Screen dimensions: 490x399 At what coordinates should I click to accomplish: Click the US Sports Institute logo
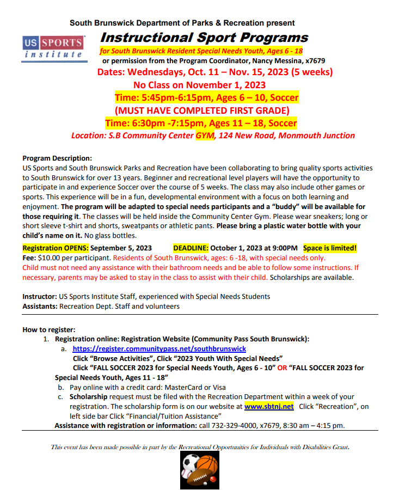click(53, 47)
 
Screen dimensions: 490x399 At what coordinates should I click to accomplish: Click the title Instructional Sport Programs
click(204, 38)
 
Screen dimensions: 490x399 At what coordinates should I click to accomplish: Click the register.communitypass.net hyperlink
click(159, 348)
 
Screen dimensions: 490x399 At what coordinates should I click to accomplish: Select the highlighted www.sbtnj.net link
click(269, 406)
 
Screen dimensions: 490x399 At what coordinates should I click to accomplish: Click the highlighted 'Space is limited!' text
click(330, 248)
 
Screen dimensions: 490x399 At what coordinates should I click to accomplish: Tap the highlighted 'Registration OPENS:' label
click(55, 248)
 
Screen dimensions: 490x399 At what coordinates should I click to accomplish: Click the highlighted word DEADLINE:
click(191, 248)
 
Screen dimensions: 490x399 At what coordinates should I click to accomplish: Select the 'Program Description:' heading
click(57, 158)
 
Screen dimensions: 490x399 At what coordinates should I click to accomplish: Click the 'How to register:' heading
click(49, 329)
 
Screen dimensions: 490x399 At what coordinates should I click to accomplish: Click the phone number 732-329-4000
click(220, 425)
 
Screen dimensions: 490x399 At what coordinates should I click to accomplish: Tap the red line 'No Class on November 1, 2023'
click(199, 84)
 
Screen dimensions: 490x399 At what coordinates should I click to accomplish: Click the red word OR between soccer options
click(283, 368)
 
